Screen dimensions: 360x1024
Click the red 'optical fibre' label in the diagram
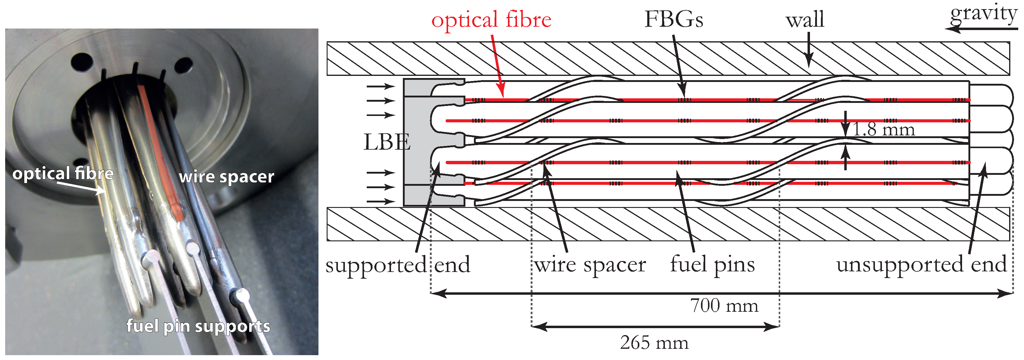[491, 20]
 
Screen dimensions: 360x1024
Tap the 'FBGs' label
[673, 19]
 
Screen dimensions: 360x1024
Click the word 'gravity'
[983, 14]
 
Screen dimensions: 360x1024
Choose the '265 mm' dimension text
[654, 342]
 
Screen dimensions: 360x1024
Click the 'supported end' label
[397, 265]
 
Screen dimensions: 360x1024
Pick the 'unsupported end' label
[921, 265]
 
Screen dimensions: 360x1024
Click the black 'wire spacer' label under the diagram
[590, 265]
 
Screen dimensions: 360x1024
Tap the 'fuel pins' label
[712, 265]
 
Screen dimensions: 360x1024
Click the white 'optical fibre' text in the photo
[63, 174]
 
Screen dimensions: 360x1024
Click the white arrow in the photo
[81, 188]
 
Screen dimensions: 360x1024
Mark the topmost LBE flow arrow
[380, 86]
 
